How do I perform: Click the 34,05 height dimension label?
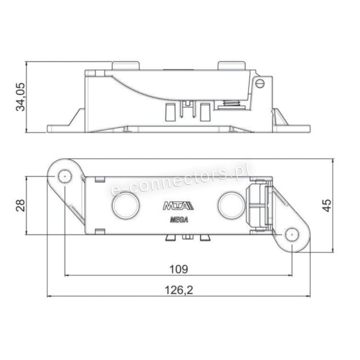click(21, 97)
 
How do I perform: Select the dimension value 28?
click(21, 205)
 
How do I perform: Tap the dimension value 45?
click(327, 205)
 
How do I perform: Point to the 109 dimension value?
click(179, 269)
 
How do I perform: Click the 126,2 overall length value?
click(179, 290)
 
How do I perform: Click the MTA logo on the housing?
click(179, 206)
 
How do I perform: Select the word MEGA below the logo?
click(179, 220)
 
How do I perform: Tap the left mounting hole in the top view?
click(65, 176)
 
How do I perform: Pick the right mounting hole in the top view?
click(292, 235)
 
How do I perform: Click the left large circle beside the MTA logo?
click(126, 205)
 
